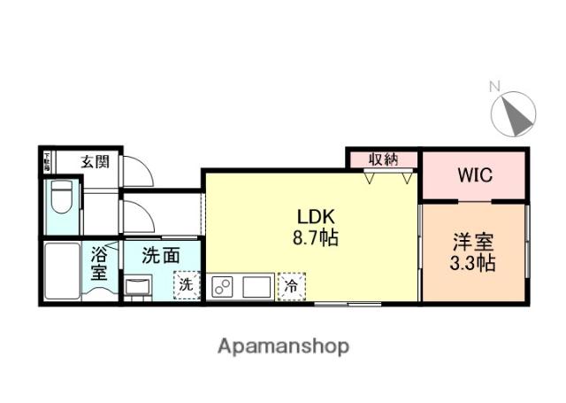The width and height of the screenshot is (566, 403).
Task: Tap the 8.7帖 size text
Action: coord(315,238)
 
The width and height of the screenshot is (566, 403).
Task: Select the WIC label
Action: coord(475,174)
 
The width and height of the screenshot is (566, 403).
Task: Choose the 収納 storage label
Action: coord(382,159)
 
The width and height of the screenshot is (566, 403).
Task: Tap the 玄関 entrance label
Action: coord(95,161)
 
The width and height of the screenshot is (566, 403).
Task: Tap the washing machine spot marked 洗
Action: coord(186,285)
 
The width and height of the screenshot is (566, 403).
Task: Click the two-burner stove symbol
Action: coord(223,287)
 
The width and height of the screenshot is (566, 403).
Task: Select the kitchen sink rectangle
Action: coord(257,287)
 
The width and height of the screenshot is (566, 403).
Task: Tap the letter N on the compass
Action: coord(495,86)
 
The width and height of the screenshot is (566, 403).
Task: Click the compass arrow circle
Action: coord(514,114)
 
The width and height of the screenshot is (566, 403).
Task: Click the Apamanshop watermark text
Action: coord(283,345)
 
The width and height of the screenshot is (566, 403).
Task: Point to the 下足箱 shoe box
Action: coord(47,161)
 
